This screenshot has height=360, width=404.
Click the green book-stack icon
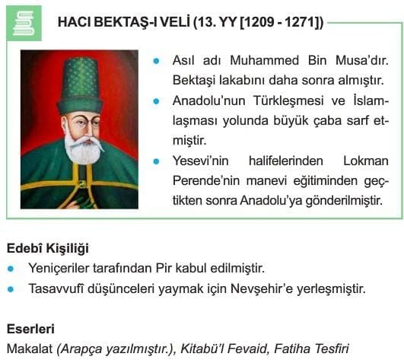pyautogui.click(x=24, y=23)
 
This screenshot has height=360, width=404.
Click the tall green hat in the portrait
pyautogui.click(x=81, y=86)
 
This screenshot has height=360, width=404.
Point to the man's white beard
pyautogui.click(x=83, y=150)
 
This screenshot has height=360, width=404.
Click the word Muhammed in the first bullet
pyautogui.click(x=264, y=60)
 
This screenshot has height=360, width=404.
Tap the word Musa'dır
pyautogui.click(x=362, y=60)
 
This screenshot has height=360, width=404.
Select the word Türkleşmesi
pyautogui.click(x=288, y=100)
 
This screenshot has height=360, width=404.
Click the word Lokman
pyautogui.click(x=366, y=161)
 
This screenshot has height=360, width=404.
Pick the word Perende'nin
pyautogui.click(x=206, y=180)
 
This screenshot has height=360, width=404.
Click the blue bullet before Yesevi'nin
pyautogui.click(x=156, y=161)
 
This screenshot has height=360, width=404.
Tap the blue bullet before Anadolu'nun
pyautogui.click(x=156, y=101)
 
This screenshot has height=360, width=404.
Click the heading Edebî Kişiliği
pyautogui.click(x=48, y=248)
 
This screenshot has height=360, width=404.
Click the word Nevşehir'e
pyautogui.click(x=262, y=288)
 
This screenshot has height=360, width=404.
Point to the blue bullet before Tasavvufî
pyautogui.click(x=11, y=289)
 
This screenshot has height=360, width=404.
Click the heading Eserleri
pyautogui.click(x=30, y=329)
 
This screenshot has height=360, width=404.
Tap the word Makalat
pyautogui.click(x=30, y=349)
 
